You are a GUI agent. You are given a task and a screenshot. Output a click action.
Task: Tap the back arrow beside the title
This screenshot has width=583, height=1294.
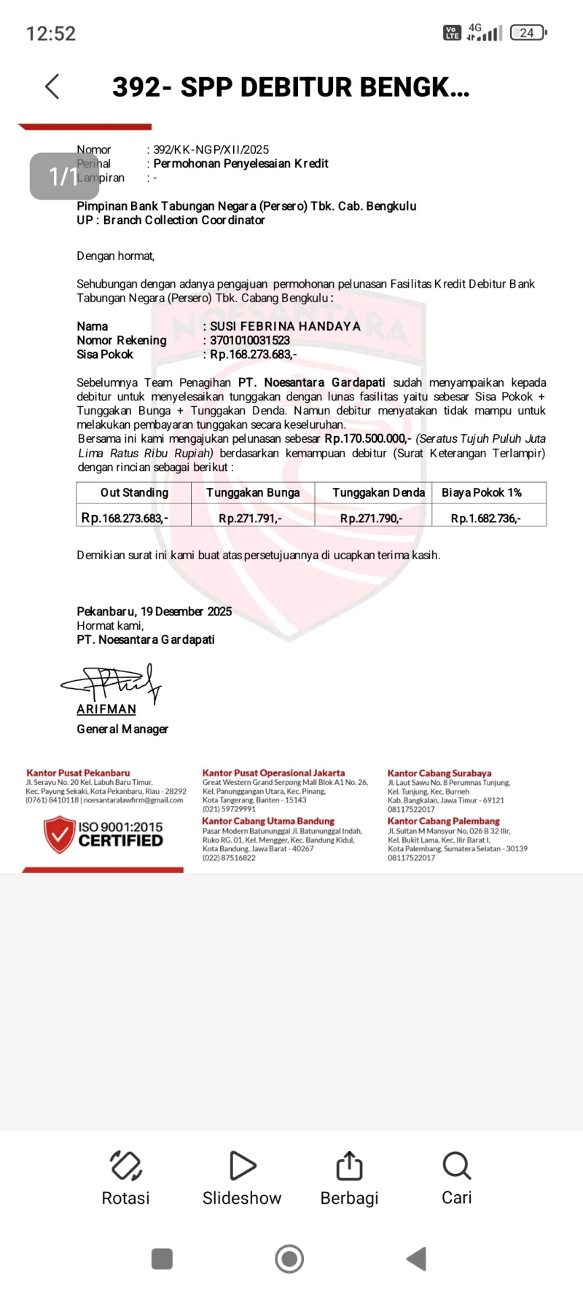point(52,87)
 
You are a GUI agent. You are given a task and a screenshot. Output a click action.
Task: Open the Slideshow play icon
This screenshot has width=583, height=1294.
point(242,1166)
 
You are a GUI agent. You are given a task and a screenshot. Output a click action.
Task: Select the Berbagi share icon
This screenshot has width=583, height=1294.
point(349,1166)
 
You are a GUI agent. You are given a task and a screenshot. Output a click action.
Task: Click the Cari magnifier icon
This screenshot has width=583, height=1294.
point(457,1166)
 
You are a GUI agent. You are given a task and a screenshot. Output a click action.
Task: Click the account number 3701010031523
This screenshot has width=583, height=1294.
point(250,340)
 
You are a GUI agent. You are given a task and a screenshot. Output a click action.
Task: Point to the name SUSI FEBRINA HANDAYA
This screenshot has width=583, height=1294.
point(285,326)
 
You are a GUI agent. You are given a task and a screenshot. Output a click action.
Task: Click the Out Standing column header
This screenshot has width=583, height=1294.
point(134,493)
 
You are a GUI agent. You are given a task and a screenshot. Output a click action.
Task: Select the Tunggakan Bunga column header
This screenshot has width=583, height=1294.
point(253,493)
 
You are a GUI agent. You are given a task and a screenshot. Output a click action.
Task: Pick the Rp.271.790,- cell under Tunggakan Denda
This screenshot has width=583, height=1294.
point(371,518)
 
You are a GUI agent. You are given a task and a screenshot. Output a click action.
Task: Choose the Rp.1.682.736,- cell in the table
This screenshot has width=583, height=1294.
point(486,518)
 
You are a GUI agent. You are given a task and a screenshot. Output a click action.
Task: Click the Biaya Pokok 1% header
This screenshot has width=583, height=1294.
point(482,493)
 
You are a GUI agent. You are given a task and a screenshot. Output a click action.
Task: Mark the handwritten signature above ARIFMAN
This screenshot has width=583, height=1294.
point(113,683)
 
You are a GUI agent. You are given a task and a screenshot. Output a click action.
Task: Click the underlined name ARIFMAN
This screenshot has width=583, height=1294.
point(106,709)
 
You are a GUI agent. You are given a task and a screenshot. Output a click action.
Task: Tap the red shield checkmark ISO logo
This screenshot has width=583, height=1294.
point(59,835)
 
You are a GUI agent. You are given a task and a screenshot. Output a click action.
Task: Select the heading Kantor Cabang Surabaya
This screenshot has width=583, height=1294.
point(439,773)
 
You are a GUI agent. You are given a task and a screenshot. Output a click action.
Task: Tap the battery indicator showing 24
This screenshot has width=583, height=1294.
point(528,33)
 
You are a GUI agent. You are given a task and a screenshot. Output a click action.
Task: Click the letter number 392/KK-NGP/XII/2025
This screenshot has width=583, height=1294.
point(211,150)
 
